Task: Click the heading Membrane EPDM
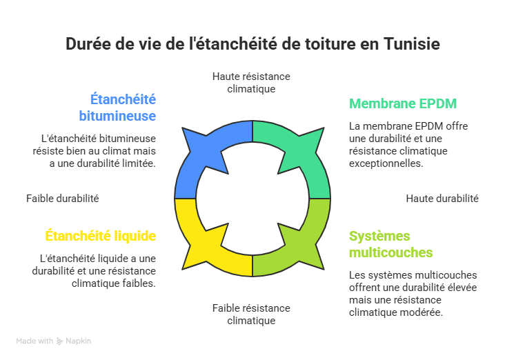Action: pos(403,103)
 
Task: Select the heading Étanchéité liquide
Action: pos(101,236)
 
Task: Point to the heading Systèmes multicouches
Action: pos(390,244)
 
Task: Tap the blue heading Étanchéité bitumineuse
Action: pos(117,108)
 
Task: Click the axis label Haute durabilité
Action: pos(442,199)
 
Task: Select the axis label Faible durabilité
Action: pos(63,199)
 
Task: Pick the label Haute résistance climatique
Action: pos(251,83)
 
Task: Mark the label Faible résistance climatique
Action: pos(251,314)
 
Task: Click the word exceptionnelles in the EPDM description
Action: pos(386,163)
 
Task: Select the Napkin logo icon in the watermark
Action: pos(59,341)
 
